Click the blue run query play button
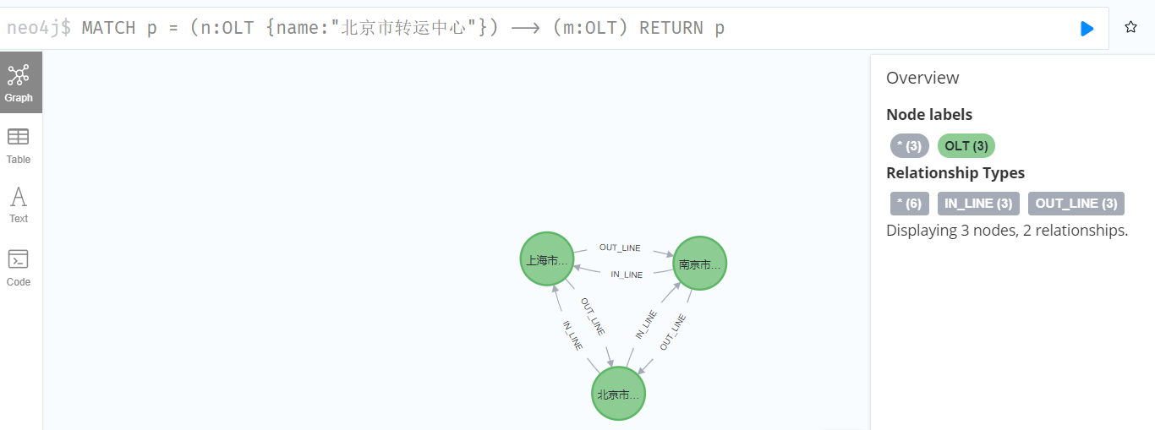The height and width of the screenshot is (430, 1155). click(1087, 29)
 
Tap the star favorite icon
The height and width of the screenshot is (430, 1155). click(1130, 28)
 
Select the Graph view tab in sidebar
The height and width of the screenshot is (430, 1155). click(19, 83)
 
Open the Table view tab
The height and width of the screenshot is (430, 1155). click(19, 145)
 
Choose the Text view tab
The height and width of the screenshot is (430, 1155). click(19, 205)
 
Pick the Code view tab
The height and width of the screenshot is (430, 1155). click(19, 268)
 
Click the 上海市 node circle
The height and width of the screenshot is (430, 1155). click(547, 259)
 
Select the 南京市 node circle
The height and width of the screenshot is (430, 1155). click(700, 264)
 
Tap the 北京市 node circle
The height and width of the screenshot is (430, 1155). click(619, 394)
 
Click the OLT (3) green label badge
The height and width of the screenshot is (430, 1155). click(966, 146)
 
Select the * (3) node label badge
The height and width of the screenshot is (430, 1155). click(909, 146)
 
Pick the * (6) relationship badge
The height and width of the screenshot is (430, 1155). click(909, 204)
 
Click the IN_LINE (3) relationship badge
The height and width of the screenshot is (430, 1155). click(979, 204)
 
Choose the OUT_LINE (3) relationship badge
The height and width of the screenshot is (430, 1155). click(1076, 204)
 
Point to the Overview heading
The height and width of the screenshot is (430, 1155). click(922, 78)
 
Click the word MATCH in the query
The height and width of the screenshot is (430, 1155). click(108, 28)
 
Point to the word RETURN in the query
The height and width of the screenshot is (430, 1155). click(671, 28)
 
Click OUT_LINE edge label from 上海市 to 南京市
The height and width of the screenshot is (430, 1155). click(620, 248)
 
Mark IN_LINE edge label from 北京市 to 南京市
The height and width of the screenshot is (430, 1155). click(646, 324)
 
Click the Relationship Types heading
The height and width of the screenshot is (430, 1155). click(955, 173)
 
